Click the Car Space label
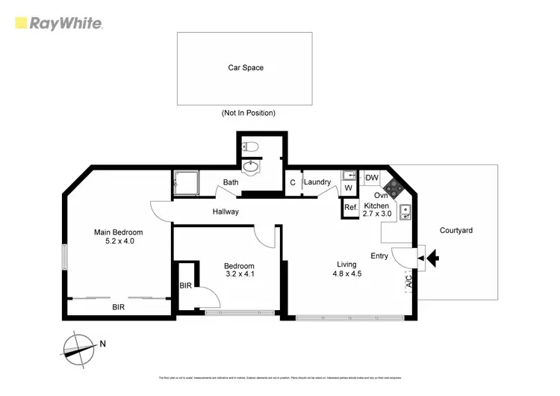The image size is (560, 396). pyautogui.click(x=245, y=68)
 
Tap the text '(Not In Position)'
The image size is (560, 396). pyautogui.click(x=248, y=113)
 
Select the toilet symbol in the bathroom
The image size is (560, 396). pyautogui.click(x=251, y=148)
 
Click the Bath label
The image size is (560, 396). pyautogui.click(x=231, y=182)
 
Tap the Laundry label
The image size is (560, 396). pyautogui.click(x=317, y=182)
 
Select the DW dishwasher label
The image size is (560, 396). pyautogui.click(x=371, y=178)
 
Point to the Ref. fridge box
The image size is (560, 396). pyautogui.click(x=350, y=208)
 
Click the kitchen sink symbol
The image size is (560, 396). pyautogui.click(x=405, y=213)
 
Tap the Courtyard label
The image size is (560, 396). pyautogui.click(x=455, y=230)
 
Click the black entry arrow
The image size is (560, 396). pyautogui.click(x=432, y=260)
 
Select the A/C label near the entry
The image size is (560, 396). pyautogui.click(x=408, y=282)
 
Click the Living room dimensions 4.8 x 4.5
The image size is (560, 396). pyautogui.click(x=347, y=273)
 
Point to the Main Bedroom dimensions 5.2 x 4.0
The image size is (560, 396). pyautogui.click(x=118, y=241)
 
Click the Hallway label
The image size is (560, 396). pyautogui.click(x=225, y=212)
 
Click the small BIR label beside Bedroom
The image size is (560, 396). pyautogui.click(x=186, y=285)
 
